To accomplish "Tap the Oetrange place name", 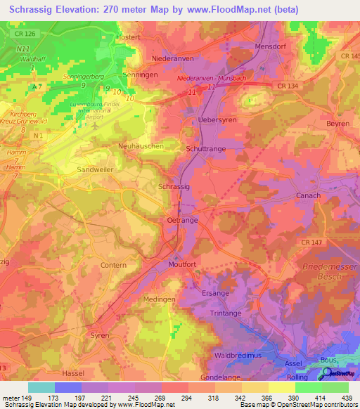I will pos(182,220).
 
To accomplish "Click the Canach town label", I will pos(308,195).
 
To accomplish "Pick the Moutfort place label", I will pos(185,265).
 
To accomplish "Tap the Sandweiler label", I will pos(95,169).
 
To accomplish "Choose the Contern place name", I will pos(112,265).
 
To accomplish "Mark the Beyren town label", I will pos(338,124).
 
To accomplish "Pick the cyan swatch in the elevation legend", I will pos(41,387).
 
